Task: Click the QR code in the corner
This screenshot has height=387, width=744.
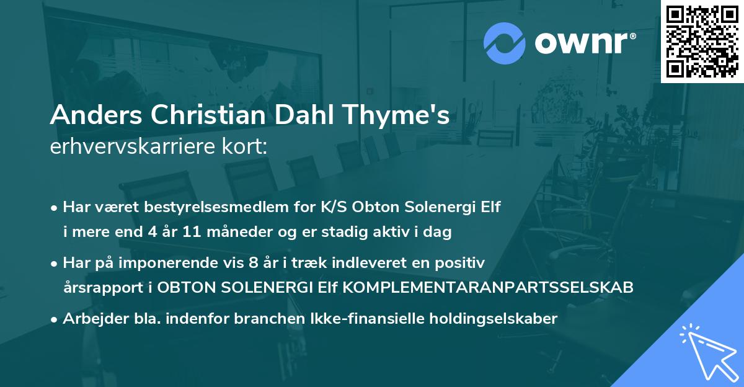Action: pos(702,41)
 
